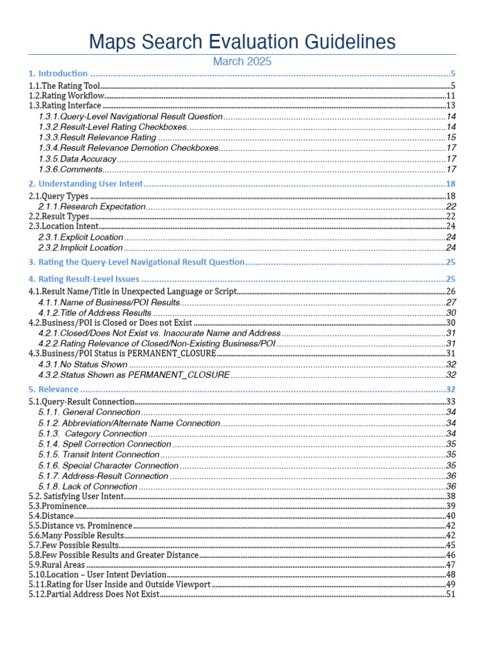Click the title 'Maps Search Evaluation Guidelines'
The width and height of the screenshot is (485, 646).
click(242, 42)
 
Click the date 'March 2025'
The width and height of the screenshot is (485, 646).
click(242, 61)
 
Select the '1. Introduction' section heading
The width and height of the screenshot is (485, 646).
click(58, 74)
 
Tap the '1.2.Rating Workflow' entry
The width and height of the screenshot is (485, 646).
click(66, 95)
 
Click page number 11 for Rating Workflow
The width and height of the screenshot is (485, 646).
click(451, 95)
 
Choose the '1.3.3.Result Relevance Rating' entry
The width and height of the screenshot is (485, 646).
click(97, 138)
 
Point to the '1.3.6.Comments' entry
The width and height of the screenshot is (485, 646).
click(70, 169)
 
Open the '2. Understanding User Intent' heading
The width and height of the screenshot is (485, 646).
click(86, 184)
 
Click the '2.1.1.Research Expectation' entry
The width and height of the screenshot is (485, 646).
click(92, 206)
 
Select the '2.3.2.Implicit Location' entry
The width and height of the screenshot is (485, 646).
click(80, 247)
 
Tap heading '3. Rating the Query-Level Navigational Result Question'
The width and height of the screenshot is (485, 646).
click(136, 262)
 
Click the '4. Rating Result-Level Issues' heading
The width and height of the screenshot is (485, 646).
click(84, 279)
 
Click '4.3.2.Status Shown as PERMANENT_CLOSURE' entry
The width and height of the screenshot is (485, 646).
click(134, 375)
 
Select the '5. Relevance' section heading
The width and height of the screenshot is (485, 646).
click(54, 389)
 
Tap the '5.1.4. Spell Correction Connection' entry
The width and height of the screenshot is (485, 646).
click(104, 444)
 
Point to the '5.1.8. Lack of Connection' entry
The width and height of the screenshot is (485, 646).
click(87, 486)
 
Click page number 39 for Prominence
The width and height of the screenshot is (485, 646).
click(451, 506)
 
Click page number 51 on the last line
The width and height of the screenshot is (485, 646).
click(451, 594)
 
